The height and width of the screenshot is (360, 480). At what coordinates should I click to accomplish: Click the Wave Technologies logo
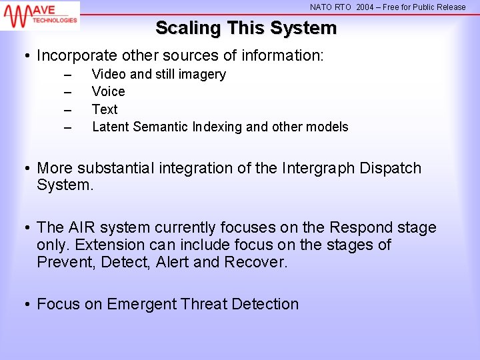coord(40,15)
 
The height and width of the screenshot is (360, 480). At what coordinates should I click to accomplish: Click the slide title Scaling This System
coord(246,29)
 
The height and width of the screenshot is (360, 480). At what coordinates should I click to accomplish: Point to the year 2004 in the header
coord(365,7)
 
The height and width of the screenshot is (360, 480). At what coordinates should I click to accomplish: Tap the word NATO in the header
coord(321,7)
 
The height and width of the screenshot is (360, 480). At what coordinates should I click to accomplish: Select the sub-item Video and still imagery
coord(159,75)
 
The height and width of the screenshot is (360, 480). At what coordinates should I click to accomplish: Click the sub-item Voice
coord(108,92)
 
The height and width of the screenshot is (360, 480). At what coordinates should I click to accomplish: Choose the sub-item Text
coord(105,109)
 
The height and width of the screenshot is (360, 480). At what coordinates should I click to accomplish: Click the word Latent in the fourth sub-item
coord(111,127)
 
